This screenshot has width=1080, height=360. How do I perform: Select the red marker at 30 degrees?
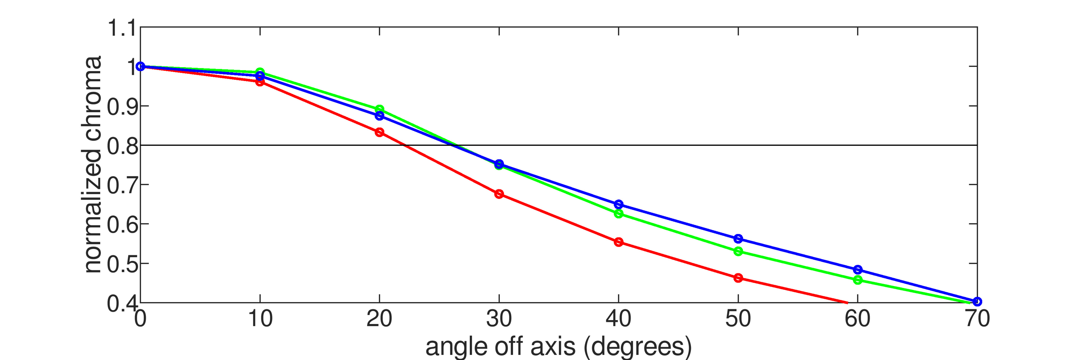tap(499, 194)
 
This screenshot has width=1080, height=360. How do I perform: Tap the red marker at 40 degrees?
tap(618, 242)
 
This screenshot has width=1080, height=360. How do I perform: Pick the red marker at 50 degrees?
tap(738, 278)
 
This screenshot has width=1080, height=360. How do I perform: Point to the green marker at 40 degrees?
tap(618, 214)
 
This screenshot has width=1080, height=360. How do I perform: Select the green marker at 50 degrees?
tap(738, 251)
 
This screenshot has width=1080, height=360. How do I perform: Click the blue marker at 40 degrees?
tap(618, 204)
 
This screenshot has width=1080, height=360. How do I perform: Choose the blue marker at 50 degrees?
tap(738, 239)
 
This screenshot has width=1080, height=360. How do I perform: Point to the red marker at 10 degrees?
tap(260, 82)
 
